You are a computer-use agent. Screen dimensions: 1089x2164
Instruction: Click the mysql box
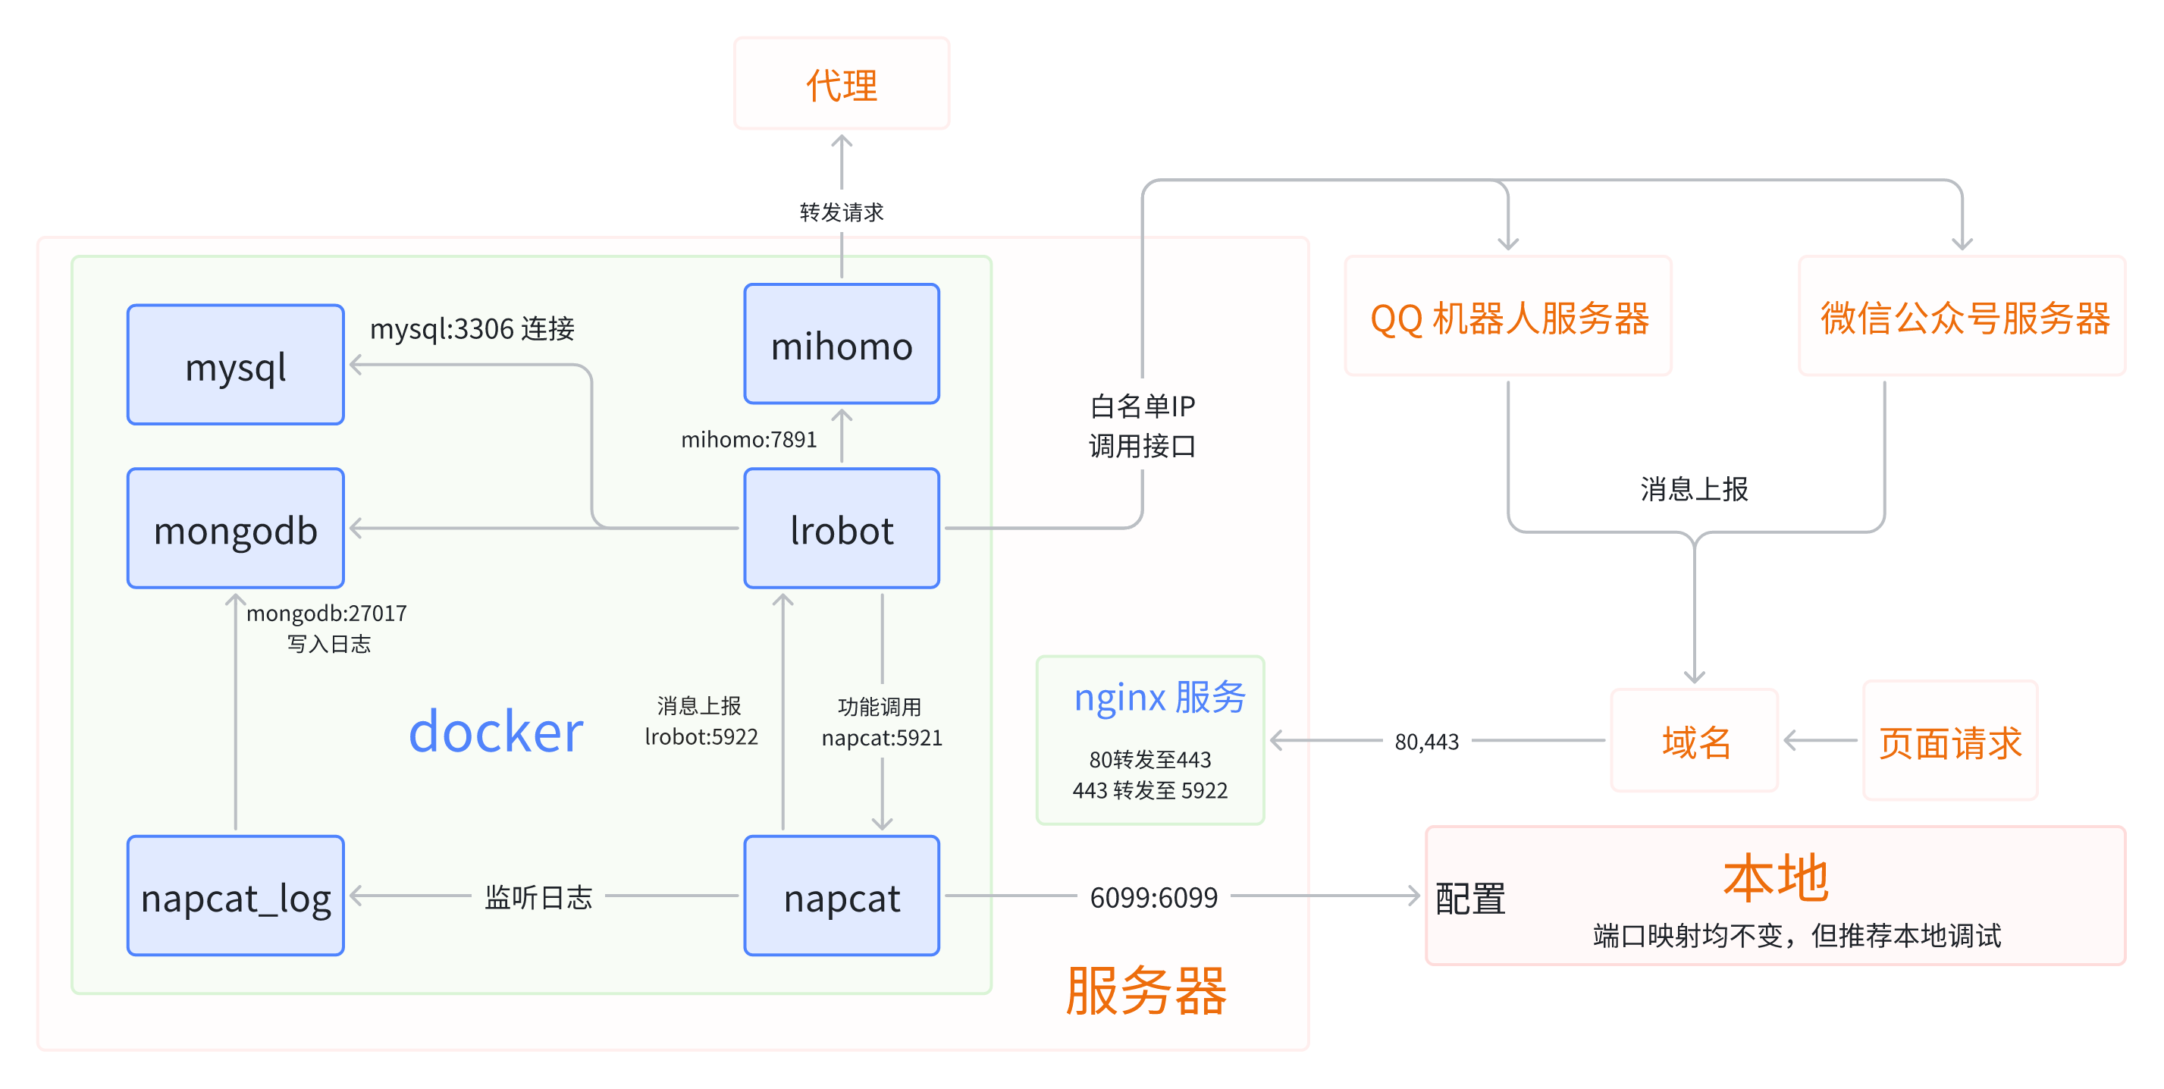tap(235, 365)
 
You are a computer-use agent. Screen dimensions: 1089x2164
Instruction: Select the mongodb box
tap(235, 529)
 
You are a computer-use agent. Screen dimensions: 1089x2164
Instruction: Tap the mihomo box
tap(841, 344)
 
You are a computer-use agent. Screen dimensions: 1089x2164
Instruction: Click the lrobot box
tap(841, 529)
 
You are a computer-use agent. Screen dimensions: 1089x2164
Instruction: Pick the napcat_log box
tap(235, 896)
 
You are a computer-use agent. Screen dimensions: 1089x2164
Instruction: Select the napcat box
tap(841, 896)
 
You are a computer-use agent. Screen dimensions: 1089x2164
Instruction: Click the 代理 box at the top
tap(841, 83)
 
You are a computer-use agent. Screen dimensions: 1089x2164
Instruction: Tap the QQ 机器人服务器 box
tap(1508, 316)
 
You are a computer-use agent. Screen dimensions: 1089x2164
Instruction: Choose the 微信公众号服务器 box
tap(1962, 316)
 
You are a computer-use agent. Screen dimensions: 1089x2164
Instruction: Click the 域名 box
tap(1695, 740)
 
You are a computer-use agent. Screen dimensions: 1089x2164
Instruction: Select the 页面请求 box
tap(1949, 740)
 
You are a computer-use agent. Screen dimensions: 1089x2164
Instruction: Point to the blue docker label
tap(496, 732)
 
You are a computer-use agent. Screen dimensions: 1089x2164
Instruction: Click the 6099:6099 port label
tap(1153, 897)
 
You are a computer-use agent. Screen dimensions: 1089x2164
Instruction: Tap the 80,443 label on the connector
tap(1426, 741)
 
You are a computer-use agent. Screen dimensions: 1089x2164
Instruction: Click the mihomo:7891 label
tap(748, 439)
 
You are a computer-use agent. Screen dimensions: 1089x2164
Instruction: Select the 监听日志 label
tap(538, 896)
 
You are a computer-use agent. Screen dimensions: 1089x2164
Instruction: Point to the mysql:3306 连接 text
tap(472, 328)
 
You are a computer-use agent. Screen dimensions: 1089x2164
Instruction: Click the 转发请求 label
tap(841, 212)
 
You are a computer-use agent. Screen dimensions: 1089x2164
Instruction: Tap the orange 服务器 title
tap(1146, 991)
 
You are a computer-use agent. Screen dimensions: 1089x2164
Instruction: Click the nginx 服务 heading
tap(1159, 697)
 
